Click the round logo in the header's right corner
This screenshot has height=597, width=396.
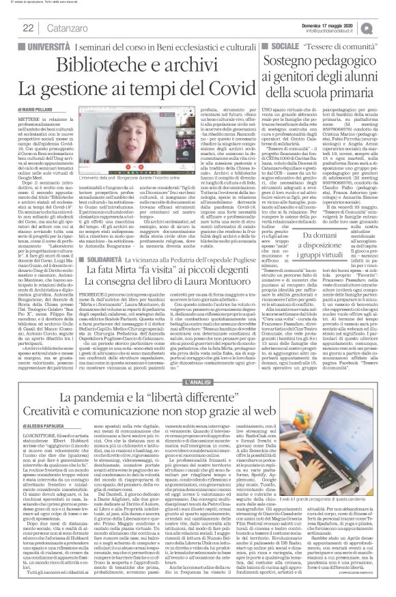386,26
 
